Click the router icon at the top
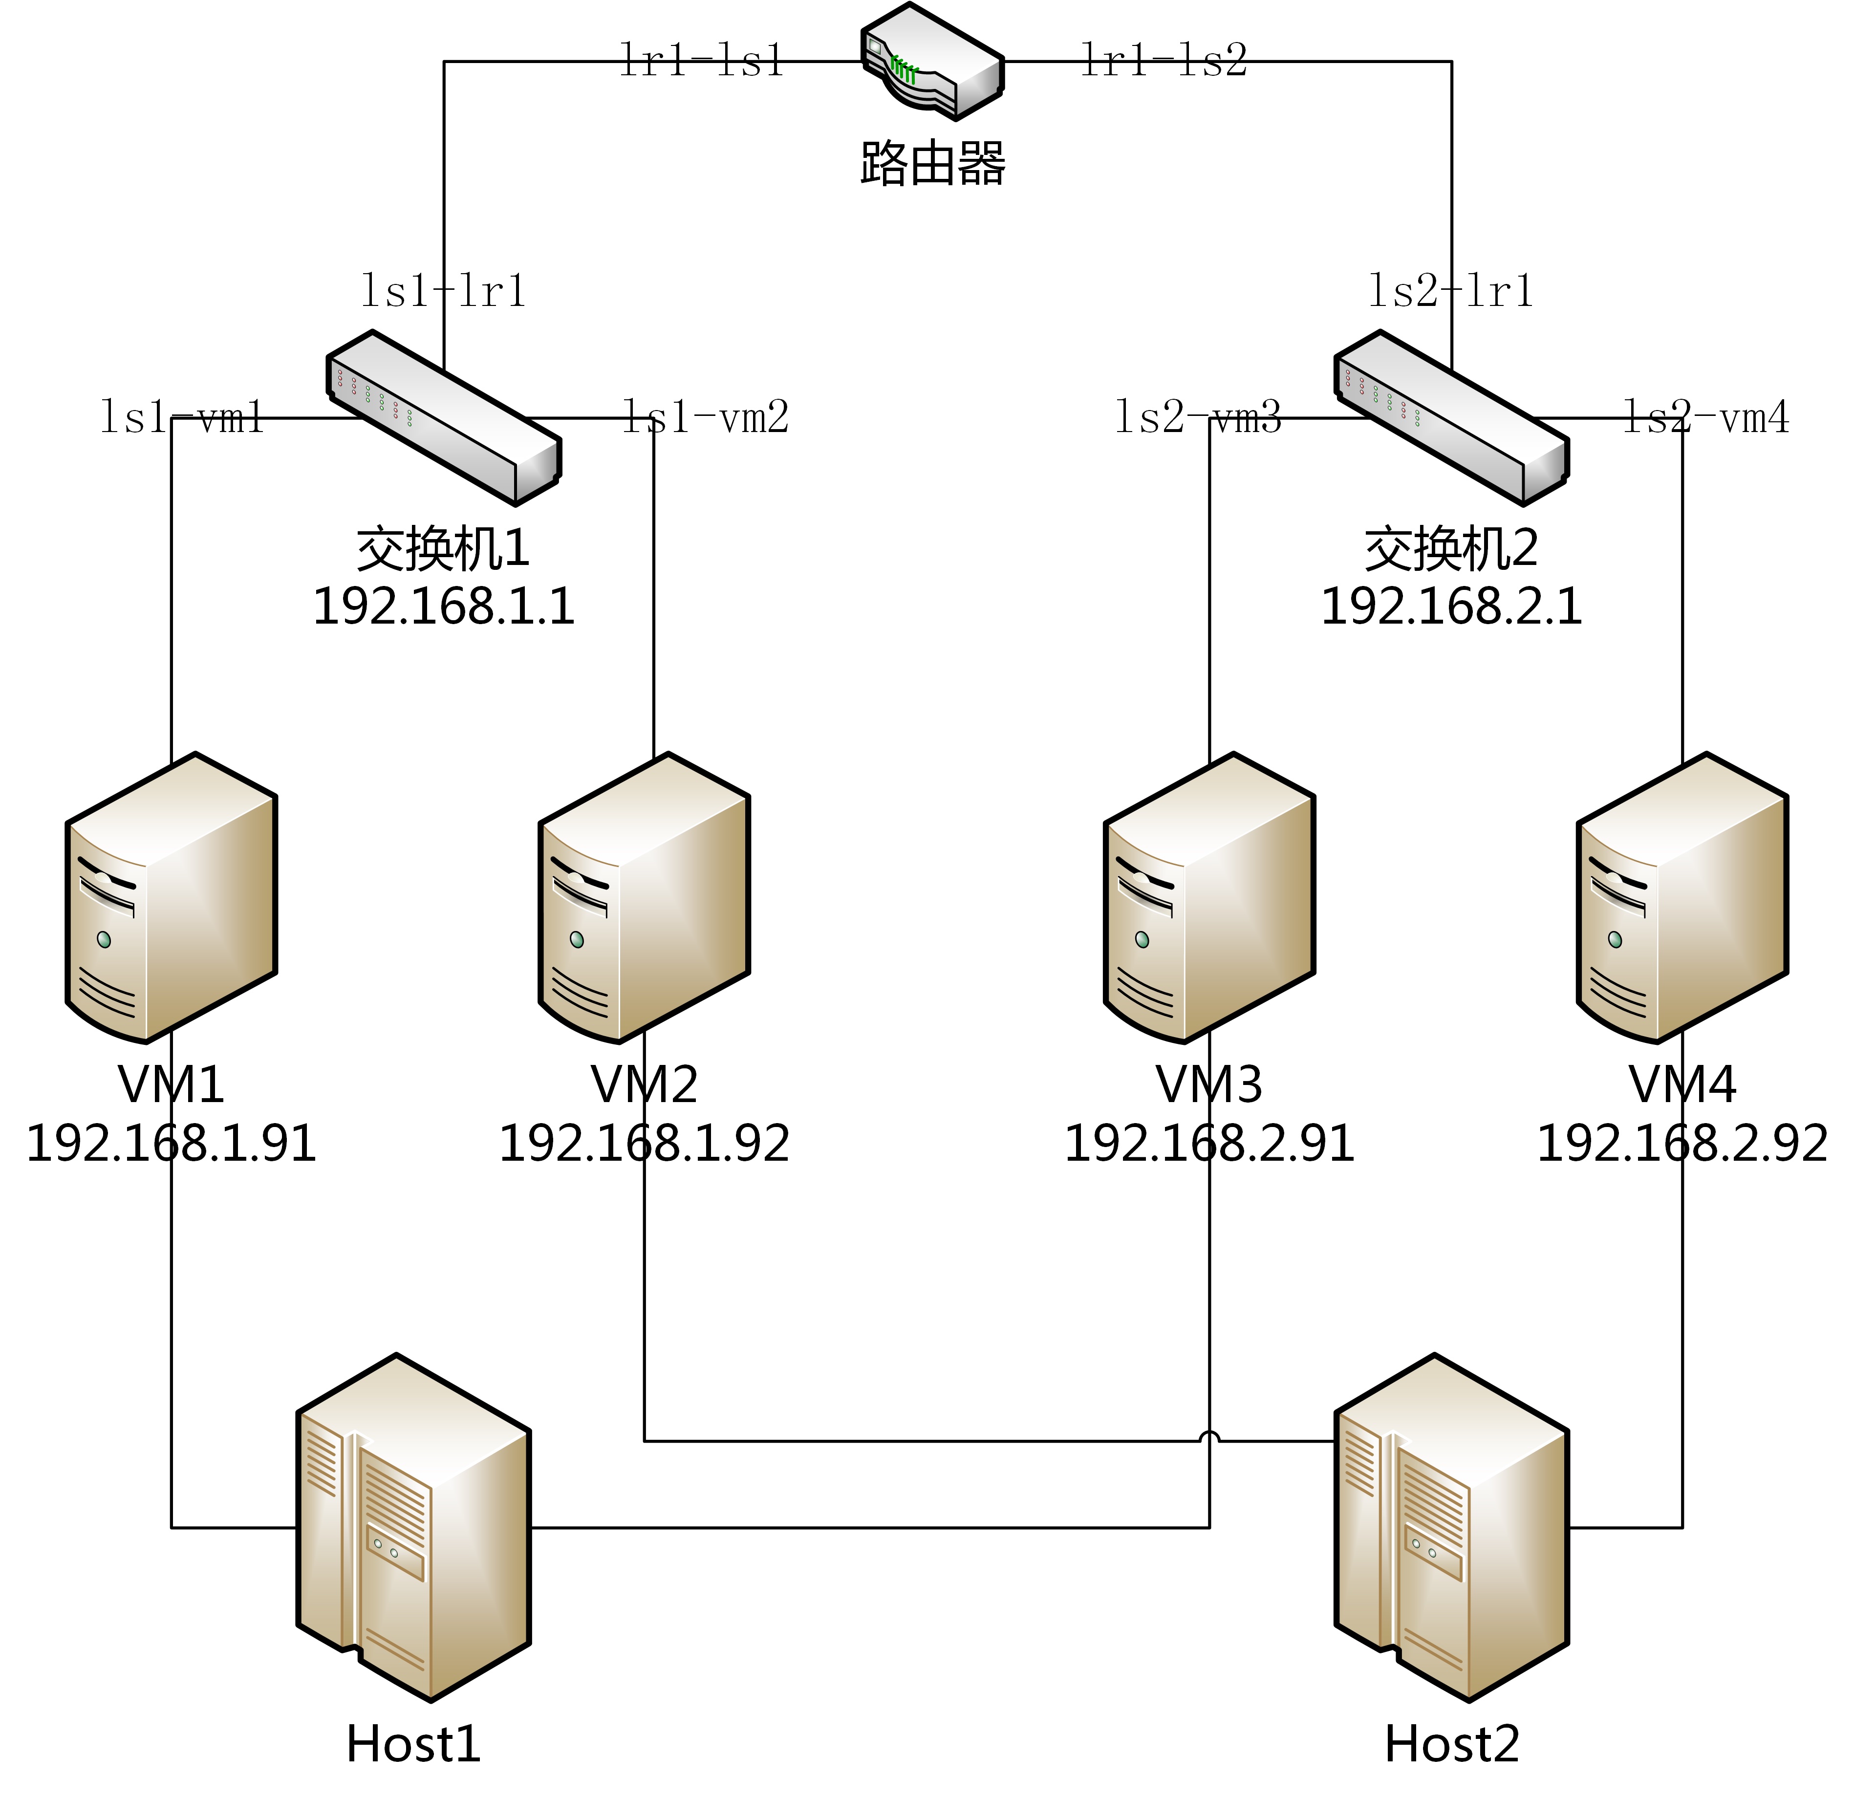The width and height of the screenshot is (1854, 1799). (x=932, y=62)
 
